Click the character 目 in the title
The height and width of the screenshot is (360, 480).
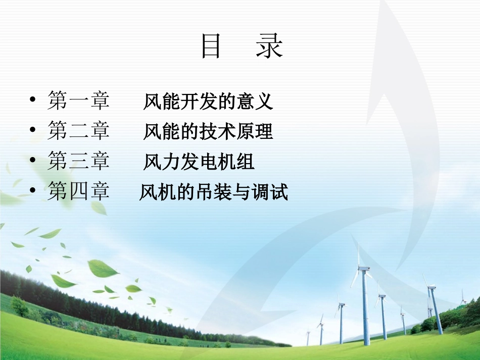pyautogui.click(x=211, y=46)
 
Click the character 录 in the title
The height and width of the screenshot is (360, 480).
pyautogui.click(x=269, y=46)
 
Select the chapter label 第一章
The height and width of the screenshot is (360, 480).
pyautogui.click(x=78, y=101)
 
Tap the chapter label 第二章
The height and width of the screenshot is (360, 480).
pyautogui.click(x=78, y=131)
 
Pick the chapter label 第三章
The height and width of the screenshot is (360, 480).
pyautogui.click(x=78, y=162)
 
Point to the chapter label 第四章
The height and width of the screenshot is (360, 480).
pyautogui.click(x=78, y=192)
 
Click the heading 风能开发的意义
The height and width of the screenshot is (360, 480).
pyautogui.click(x=208, y=101)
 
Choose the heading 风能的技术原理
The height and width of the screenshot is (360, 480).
pyautogui.click(x=208, y=132)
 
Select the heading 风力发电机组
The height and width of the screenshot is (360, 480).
pyautogui.click(x=199, y=162)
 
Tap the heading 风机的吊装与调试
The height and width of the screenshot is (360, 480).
pyautogui.click(x=213, y=192)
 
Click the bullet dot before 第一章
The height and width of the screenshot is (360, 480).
pyautogui.click(x=33, y=99)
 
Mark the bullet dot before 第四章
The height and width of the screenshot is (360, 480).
pyautogui.click(x=33, y=190)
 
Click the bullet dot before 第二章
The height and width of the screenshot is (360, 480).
pyautogui.click(x=33, y=130)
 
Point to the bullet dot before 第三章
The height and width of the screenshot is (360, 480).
pyautogui.click(x=33, y=160)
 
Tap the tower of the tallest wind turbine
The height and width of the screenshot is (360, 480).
pyautogui.click(x=365, y=308)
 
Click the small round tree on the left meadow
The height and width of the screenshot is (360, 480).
pyautogui.click(x=19, y=305)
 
